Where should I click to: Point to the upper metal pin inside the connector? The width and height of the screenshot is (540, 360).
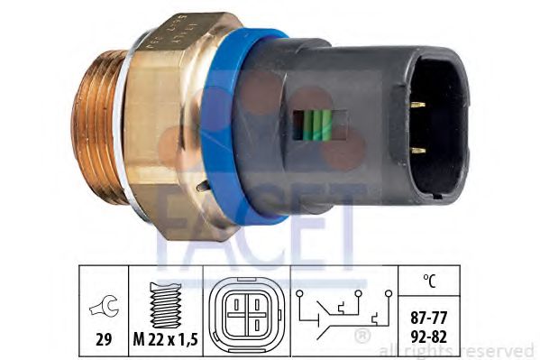[416, 106]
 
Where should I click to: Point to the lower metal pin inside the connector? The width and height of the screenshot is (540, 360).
[416, 150]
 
